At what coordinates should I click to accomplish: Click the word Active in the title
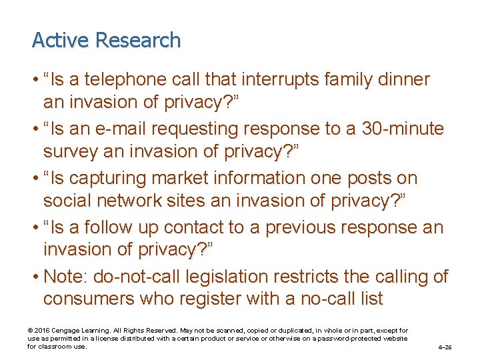(x=61, y=41)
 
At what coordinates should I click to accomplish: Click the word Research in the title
(x=138, y=41)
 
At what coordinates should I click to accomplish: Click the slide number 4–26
(x=445, y=347)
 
